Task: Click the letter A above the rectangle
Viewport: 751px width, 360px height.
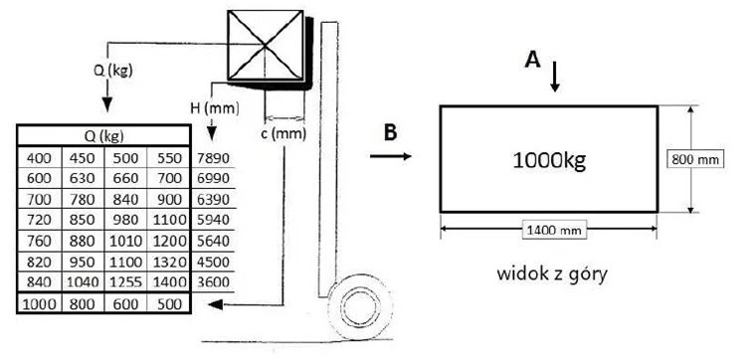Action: click(x=532, y=61)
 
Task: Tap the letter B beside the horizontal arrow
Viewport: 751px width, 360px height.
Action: click(x=390, y=133)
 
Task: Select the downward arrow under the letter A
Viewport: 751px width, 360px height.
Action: click(x=555, y=77)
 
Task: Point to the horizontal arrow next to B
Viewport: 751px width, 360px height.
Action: click(x=390, y=156)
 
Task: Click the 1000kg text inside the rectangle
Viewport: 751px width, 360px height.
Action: click(x=549, y=160)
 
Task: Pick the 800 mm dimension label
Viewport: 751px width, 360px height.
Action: click(x=695, y=159)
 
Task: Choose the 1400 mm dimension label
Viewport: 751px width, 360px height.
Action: click(x=553, y=231)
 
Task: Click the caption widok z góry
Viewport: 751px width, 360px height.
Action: click(x=552, y=274)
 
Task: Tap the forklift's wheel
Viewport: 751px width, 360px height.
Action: click(x=361, y=306)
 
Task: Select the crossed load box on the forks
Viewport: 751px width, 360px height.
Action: click(x=265, y=46)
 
